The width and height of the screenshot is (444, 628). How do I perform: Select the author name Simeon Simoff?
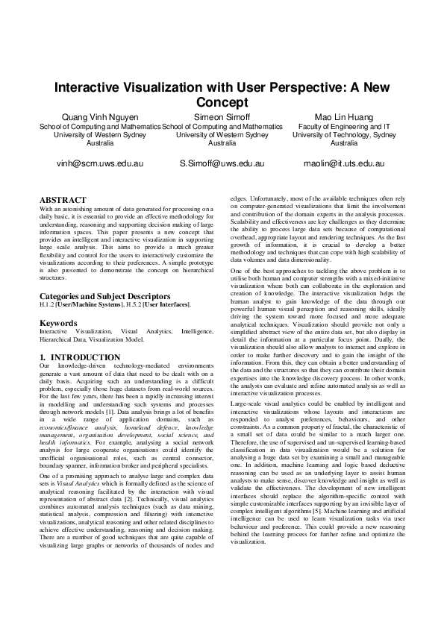[x=222, y=118]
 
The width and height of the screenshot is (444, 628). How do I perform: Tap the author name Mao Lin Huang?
[x=343, y=118]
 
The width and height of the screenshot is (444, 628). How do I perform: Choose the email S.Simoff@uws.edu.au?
[x=222, y=163]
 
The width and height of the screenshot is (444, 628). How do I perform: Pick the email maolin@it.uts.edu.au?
[x=343, y=163]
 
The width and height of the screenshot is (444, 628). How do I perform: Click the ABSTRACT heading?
[x=63, y=200]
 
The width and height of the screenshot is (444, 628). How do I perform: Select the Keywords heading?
[x=58, y=323]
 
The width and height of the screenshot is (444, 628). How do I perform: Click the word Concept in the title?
[x=222, y=101]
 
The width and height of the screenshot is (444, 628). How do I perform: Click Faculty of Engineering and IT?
[x=343, y=128]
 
